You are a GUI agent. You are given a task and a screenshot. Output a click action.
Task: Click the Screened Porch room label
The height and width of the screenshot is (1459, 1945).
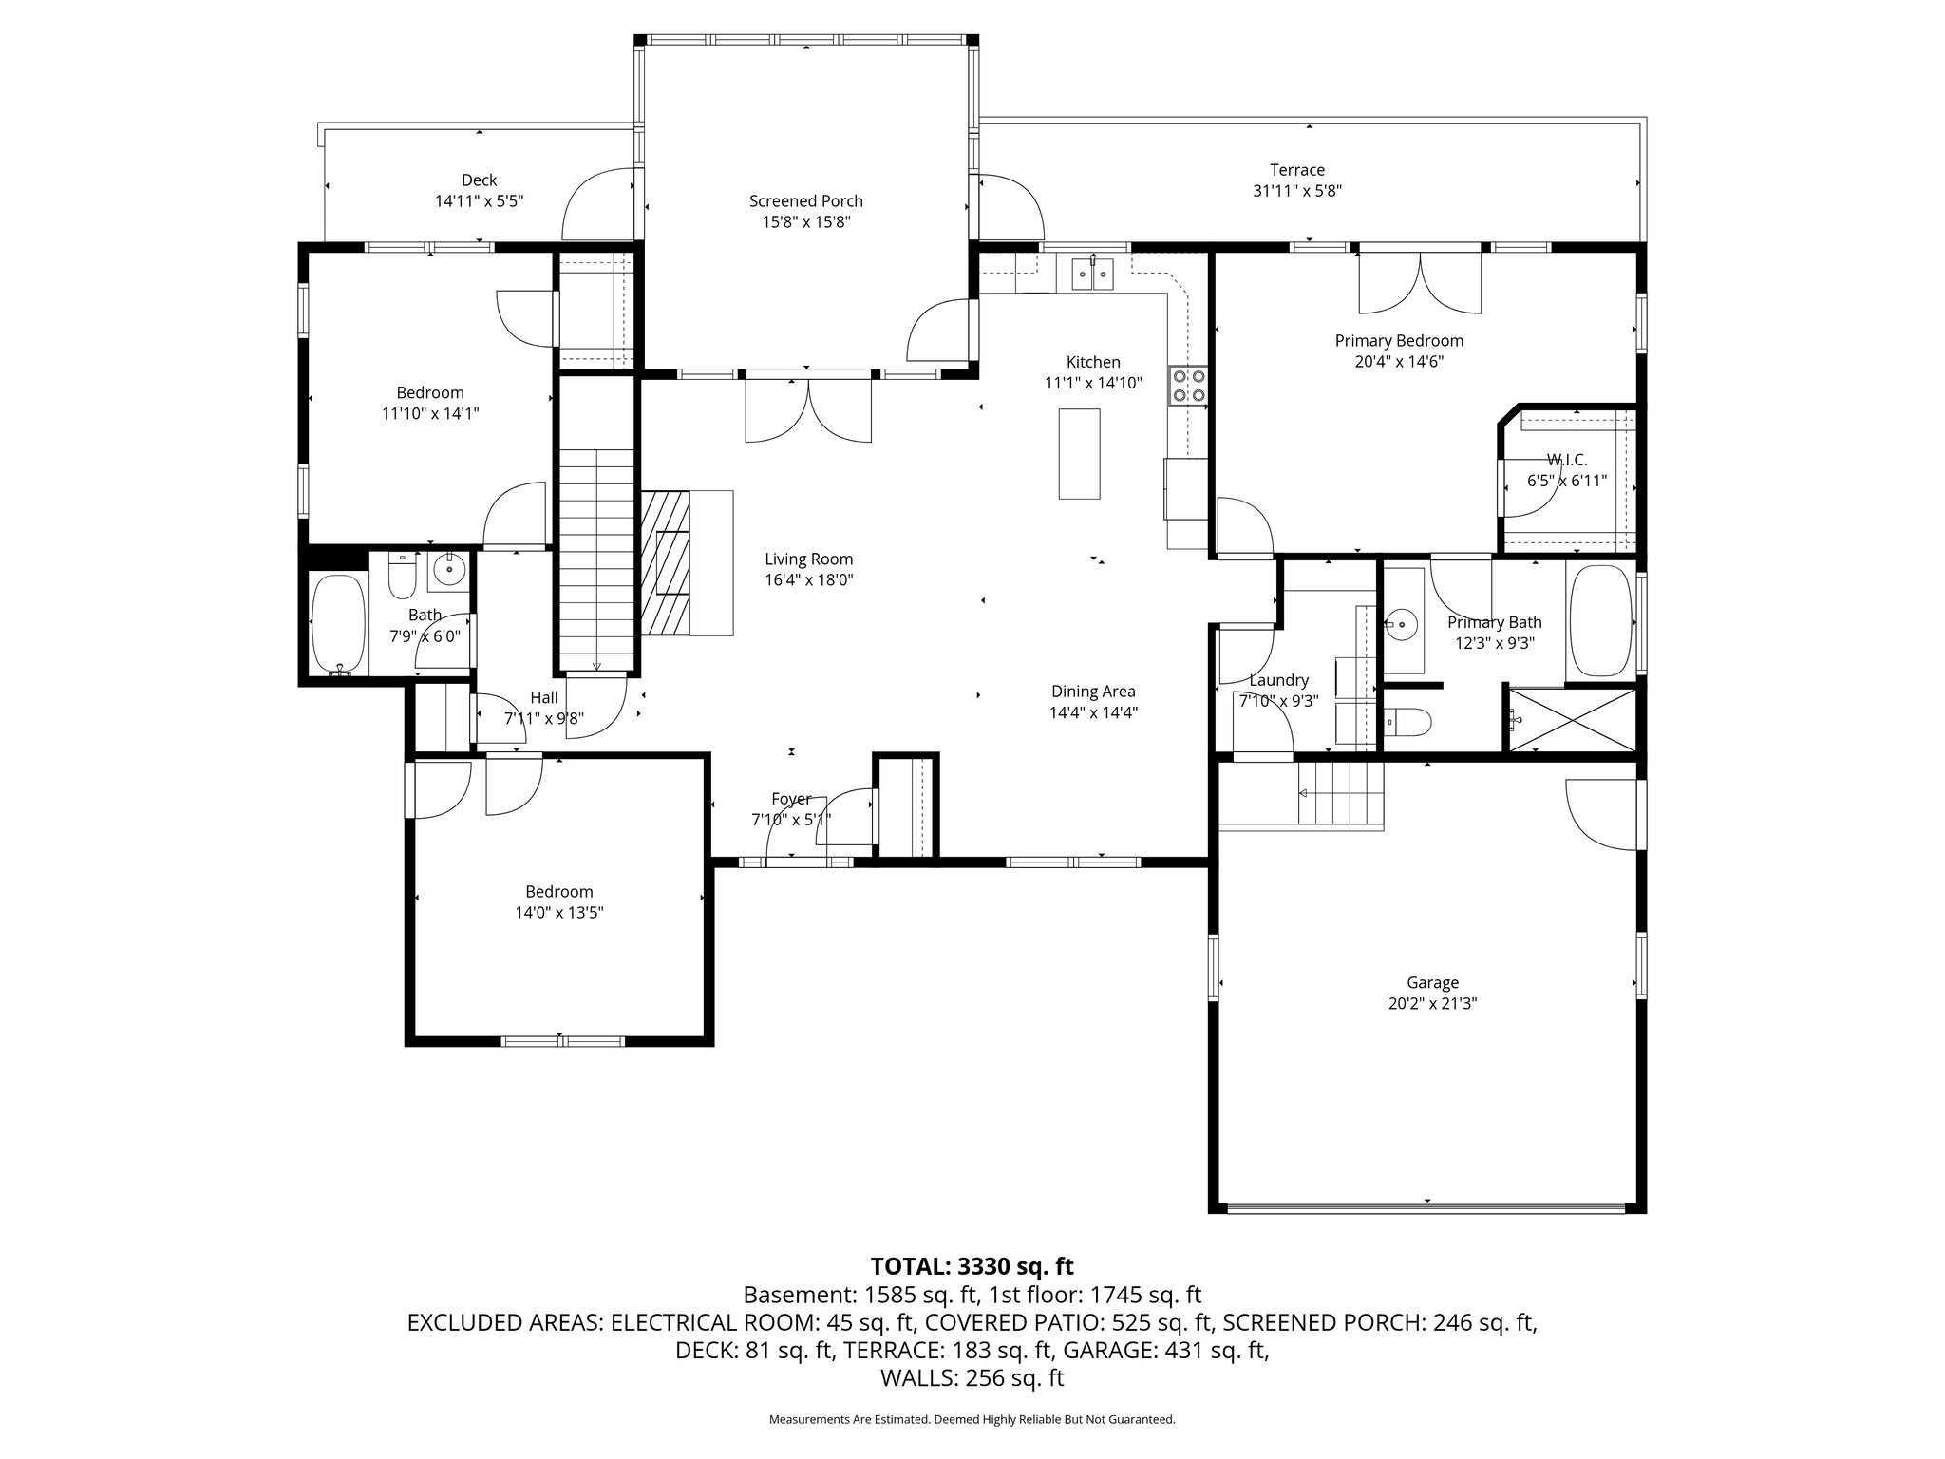tap(805, 201)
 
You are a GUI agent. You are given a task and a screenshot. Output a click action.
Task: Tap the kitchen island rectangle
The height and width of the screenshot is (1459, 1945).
tap(1079, 453)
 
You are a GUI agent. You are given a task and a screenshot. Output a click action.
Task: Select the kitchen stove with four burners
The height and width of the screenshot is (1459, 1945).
tap(1188, 386)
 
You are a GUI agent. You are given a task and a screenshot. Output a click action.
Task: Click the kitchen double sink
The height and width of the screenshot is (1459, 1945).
tap(1092, 275)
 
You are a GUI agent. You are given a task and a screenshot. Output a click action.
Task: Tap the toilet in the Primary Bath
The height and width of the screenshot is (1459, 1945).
tap(1409, 724)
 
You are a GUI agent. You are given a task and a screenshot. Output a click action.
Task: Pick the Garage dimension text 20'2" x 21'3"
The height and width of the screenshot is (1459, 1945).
tap(1432, 1003)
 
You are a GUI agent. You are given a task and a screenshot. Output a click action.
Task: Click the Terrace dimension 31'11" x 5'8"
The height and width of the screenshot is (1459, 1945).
tap(1296, 191)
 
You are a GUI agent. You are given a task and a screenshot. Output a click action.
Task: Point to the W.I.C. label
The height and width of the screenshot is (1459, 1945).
tap(1566, 460)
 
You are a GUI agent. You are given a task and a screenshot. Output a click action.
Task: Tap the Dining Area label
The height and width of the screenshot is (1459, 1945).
tap(1092, 692)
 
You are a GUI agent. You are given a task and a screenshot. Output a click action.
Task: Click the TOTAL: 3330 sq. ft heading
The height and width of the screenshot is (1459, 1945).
tap(972, 1266)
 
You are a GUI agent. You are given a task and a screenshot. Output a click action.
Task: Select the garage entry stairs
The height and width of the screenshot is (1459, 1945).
tap(1340, 794)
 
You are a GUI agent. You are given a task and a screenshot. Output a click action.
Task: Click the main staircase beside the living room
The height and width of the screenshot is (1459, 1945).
tap(595, 560)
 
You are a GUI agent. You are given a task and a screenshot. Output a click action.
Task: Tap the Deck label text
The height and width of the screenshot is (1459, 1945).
tap(479, 180)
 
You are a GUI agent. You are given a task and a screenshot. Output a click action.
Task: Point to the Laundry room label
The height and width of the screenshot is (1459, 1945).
tap(1278, 680)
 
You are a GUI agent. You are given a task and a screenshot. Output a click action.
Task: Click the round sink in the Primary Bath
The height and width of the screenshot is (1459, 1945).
tap(1400, 625)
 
